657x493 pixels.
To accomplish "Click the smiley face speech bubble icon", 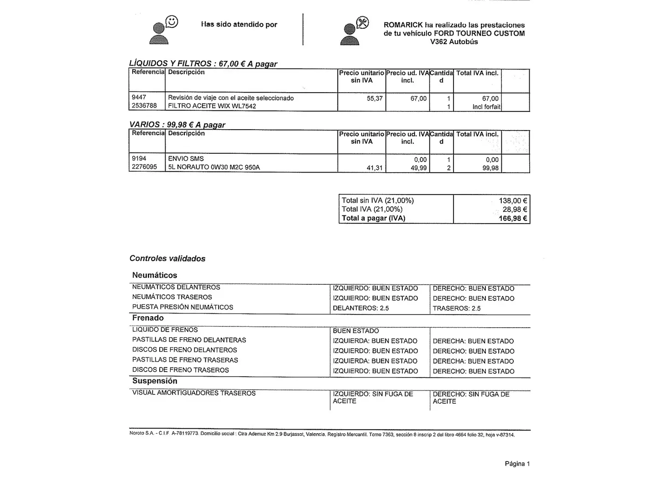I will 172,21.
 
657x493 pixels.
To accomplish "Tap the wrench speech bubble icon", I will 362,22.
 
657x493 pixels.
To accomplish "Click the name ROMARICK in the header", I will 403,25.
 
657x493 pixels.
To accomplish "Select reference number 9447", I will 139,98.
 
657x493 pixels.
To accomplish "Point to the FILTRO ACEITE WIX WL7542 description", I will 212,106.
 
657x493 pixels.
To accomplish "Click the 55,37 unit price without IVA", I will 375,98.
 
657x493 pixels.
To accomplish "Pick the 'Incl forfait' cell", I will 486,107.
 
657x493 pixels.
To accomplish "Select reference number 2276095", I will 144,167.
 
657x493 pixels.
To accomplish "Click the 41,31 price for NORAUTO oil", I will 375,168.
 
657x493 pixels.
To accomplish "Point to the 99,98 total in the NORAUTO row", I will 490,168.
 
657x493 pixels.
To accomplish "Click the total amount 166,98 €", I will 513,219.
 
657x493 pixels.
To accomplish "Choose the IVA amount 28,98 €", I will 515,210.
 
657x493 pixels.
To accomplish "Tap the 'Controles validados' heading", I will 167,258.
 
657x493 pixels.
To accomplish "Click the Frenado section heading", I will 148,318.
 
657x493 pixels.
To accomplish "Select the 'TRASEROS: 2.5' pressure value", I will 457,308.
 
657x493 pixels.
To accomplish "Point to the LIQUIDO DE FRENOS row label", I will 165,330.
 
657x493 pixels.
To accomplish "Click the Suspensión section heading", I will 155,381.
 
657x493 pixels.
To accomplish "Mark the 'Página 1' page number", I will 517,464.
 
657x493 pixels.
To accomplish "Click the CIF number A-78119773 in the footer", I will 185,434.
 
